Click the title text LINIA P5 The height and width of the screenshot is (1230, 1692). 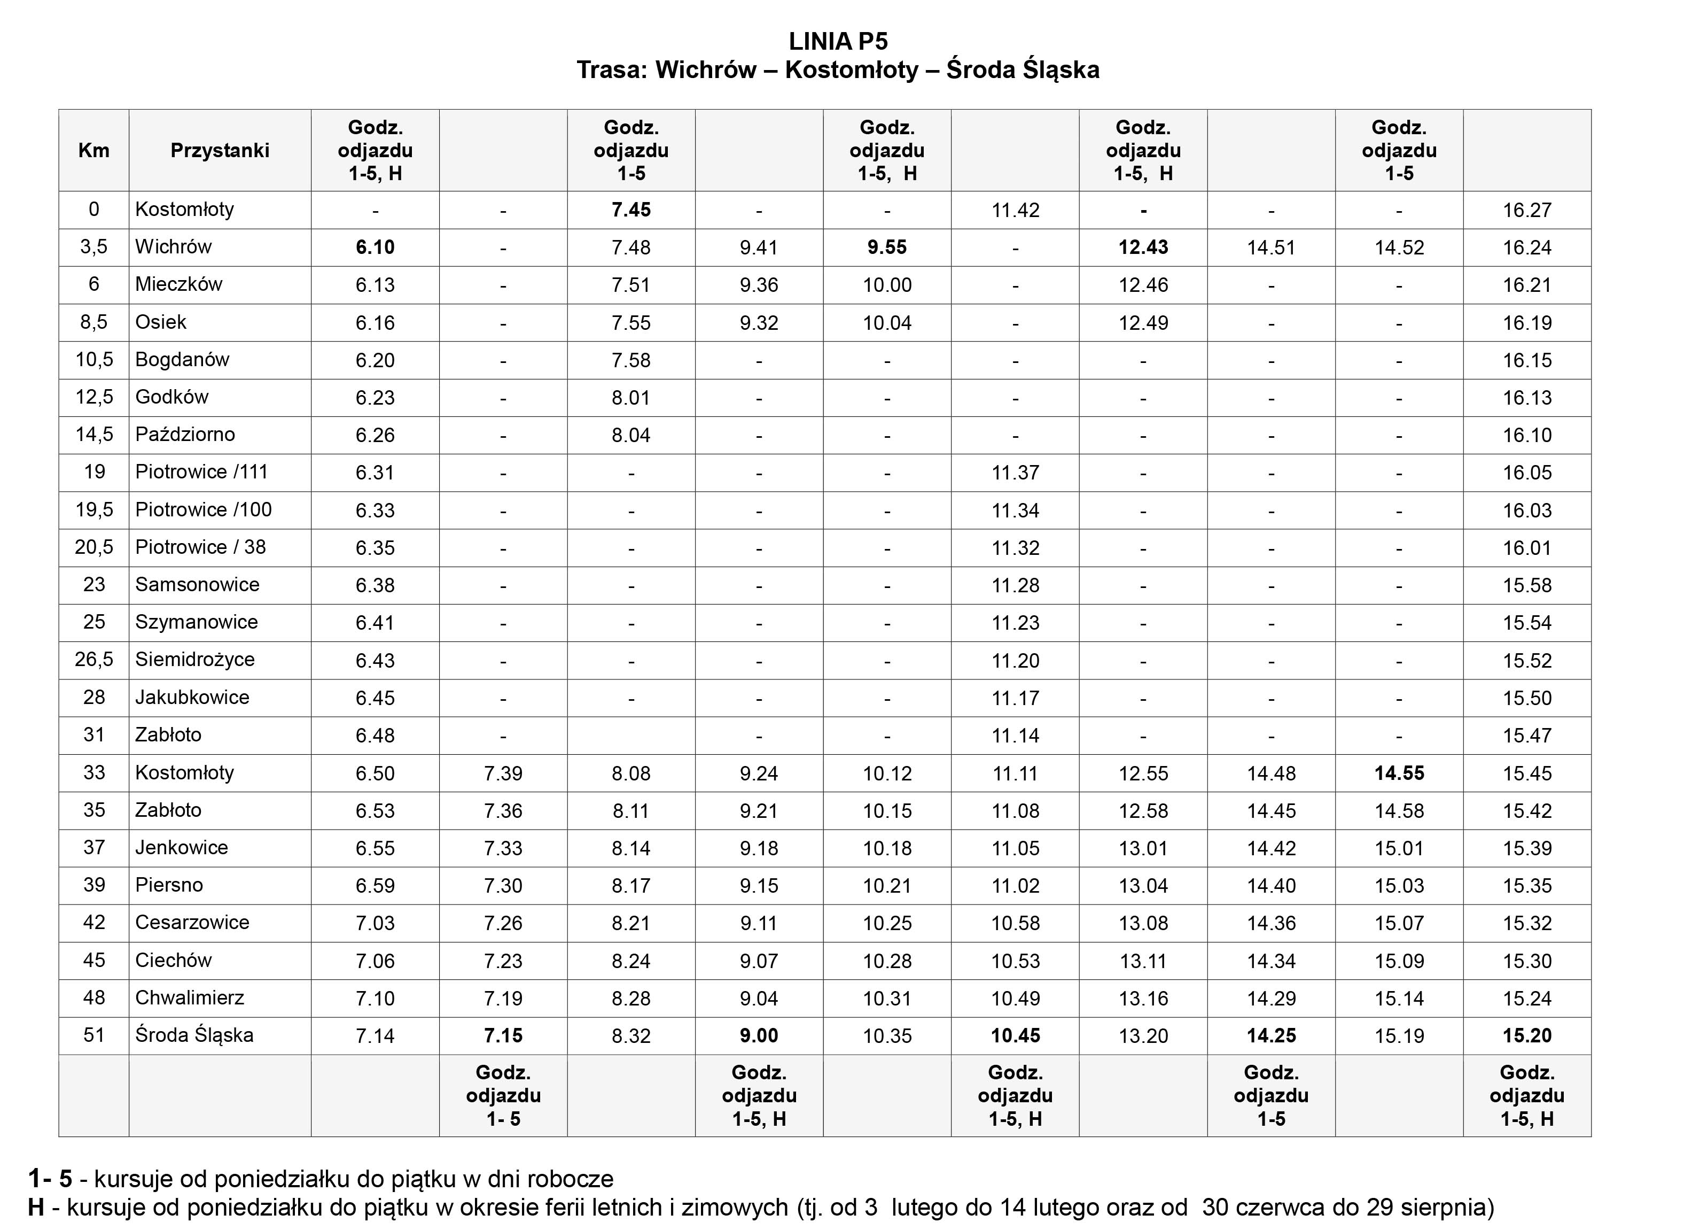[x=838, y=41]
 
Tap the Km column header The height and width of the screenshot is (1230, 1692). [x=93, y=151]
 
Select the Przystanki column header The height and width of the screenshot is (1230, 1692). [x=220, y=151]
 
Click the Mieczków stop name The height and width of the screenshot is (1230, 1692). [x=178, y=284]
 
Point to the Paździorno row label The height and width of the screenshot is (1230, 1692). [x=184, y=435]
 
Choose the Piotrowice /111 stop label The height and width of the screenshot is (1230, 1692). [x=201, y=471]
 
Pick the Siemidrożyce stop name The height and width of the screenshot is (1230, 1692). [x=194, y=660]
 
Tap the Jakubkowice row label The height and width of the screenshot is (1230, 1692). [x=192, y=697]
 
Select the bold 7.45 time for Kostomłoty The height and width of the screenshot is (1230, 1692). [x=630, y=210]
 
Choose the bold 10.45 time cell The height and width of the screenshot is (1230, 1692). [x=1015, y=1036]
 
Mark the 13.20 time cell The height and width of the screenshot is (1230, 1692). [x=1143, y=1036]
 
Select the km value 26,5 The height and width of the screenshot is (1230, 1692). [x=93, y=660]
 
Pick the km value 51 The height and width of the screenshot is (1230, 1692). [x=93, y=1035]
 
